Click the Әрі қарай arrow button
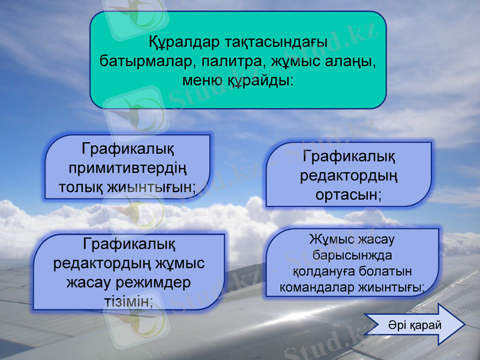[x=414, y=324]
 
